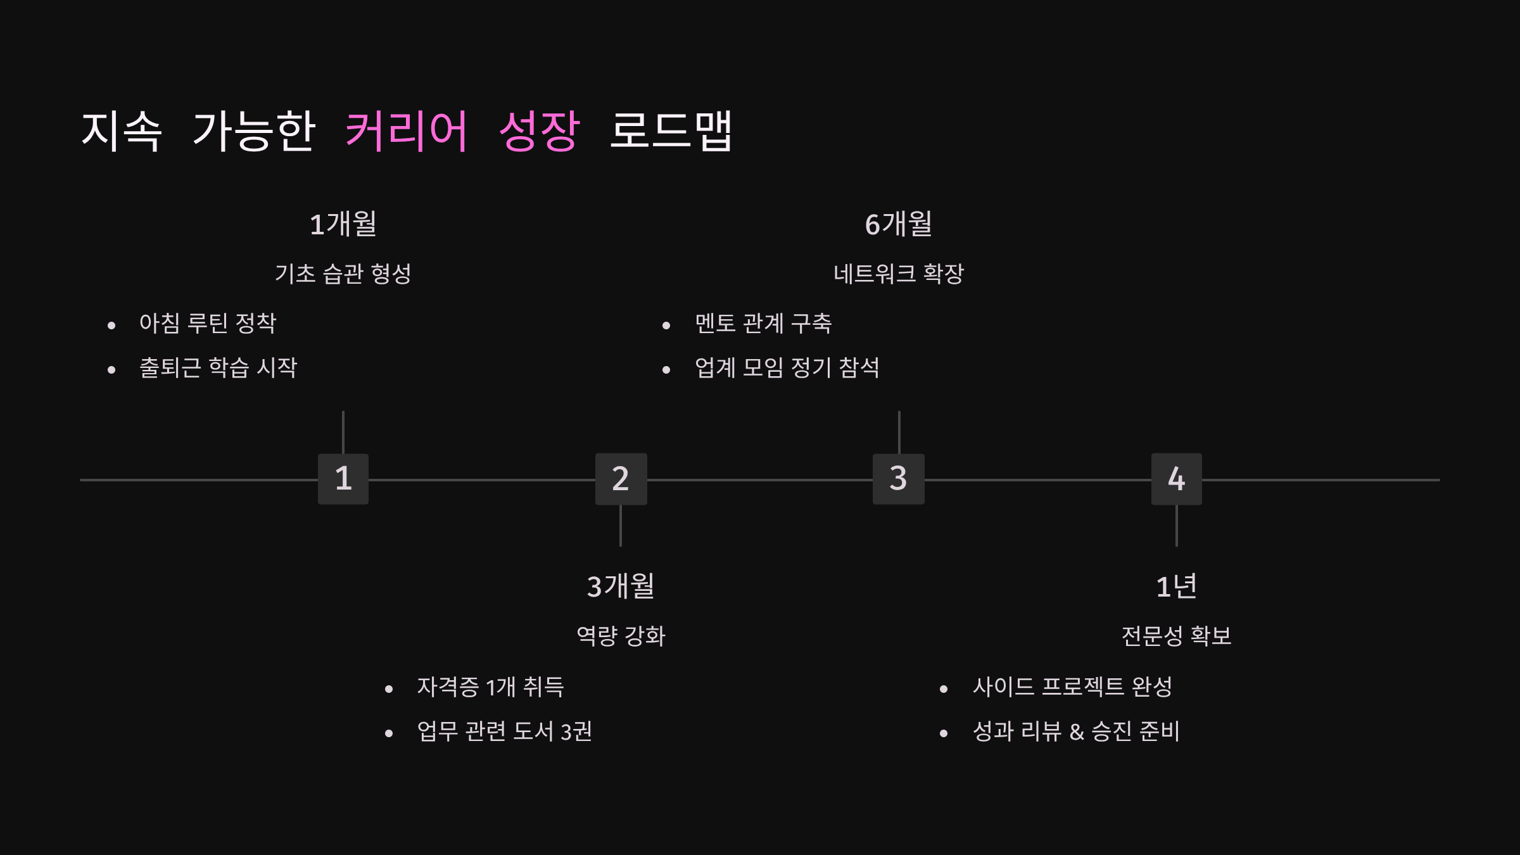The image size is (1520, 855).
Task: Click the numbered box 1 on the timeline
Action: click(x=343, y=479)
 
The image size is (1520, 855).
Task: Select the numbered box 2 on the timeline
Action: click(x=621, y=479)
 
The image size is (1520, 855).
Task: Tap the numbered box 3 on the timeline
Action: click(x=898, y=479)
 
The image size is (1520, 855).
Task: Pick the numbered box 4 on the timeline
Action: click(x=1176, y=479)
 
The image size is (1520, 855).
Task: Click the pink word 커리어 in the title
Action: click(x=407, y=131)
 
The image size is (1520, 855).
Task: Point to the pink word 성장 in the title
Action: click(x=539, y=131)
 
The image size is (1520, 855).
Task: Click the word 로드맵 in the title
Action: click(x=671, y=131)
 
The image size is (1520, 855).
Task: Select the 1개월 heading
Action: click(x=343, y=224)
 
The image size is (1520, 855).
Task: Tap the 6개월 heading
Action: click(x=899, y=224)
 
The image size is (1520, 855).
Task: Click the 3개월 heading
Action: click(x=621, y=586)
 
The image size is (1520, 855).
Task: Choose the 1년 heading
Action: click(x=1176, y=586)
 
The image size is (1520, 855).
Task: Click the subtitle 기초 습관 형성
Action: click(x=343, y=274)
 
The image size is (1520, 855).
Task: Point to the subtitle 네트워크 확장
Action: click(x=899, y=274)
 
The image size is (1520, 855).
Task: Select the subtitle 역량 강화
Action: click(x=621, y=636)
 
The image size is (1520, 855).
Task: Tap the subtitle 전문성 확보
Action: click(x=1176, y=636)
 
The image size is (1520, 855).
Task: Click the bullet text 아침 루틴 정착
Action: click(x=208, y=324)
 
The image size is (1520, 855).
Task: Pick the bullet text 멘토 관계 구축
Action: click(x=763, y=324)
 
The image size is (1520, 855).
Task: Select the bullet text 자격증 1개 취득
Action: click(x=490, y=687)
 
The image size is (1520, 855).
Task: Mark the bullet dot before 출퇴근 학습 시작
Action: click(x=111, y=370)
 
